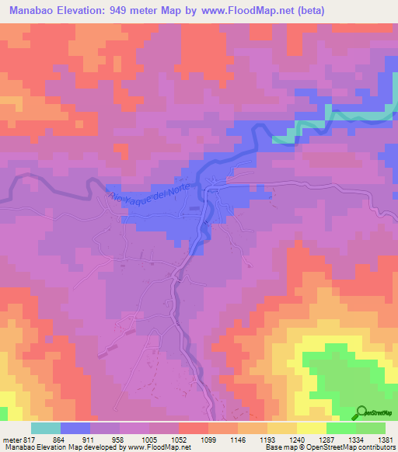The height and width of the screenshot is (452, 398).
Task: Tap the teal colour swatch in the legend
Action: (x=46, y=428)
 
